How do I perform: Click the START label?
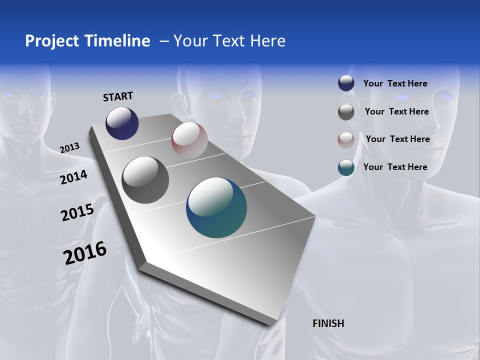pos(118,96)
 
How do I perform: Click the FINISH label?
pos(328,323)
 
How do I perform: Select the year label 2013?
pos(69,148)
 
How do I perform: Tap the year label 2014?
pos(73,177)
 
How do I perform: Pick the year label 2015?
pos(77,212)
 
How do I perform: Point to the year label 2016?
pos(85,253)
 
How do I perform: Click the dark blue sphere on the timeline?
pos(122,123)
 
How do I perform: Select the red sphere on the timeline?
pos(189,140)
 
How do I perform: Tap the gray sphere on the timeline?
pos(145,180)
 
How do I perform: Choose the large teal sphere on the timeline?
pos(216,207)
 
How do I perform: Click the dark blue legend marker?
pos(346,83)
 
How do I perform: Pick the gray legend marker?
pos(346,112)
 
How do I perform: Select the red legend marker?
pos(346,139)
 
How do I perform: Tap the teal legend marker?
pos(346,167)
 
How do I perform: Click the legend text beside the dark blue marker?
pos(395,83)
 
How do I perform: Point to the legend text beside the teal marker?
pos(395,167)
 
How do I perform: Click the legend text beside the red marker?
pos(397,139)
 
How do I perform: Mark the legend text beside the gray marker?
pos(396,111)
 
